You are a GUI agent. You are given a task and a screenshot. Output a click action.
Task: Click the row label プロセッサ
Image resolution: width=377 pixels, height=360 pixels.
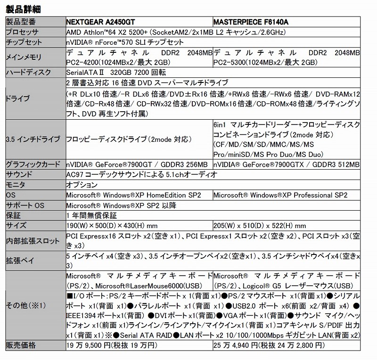coord(24,33)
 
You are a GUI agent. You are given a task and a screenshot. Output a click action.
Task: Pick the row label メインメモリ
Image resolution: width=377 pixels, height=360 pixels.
coord(24,57)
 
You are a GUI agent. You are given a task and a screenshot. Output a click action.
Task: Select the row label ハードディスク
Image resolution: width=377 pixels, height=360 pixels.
coord(26,73)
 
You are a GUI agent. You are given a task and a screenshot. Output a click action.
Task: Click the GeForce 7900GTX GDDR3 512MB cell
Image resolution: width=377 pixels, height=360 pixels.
coord(286,164)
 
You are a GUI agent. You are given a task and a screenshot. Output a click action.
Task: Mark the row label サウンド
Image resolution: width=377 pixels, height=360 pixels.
coord(19,175)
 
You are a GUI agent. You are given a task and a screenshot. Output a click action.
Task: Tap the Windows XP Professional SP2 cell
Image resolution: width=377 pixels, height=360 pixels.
coord(280,195)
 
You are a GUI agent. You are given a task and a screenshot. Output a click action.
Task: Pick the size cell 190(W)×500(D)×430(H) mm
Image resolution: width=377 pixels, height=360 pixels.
coord(118,226)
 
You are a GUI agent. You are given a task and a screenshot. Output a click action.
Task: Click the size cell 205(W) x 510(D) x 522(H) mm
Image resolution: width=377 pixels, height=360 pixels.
coord(260,226)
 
